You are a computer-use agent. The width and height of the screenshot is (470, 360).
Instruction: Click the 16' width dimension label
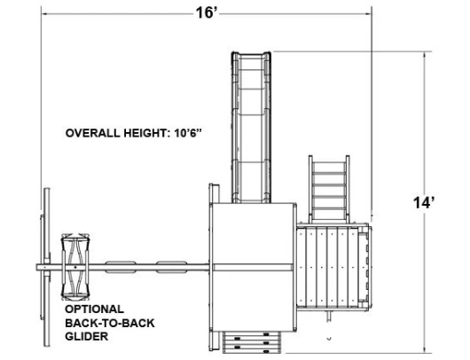coord(207,13)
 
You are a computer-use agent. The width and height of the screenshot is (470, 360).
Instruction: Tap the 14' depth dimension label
coord(424,203)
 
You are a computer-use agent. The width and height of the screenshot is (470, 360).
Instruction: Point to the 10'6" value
coord(188,133)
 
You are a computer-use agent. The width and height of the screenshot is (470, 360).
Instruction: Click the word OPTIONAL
coord(94,309)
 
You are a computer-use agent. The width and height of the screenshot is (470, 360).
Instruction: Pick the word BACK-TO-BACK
coord(110,323)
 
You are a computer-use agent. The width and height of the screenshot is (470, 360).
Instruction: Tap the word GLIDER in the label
coord(87,336)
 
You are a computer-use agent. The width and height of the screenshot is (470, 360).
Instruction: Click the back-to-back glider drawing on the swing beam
coord(75,267)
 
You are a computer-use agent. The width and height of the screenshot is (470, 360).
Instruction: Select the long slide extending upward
coord(251,127)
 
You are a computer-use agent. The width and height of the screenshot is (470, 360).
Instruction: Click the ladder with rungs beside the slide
coord(329,189)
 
